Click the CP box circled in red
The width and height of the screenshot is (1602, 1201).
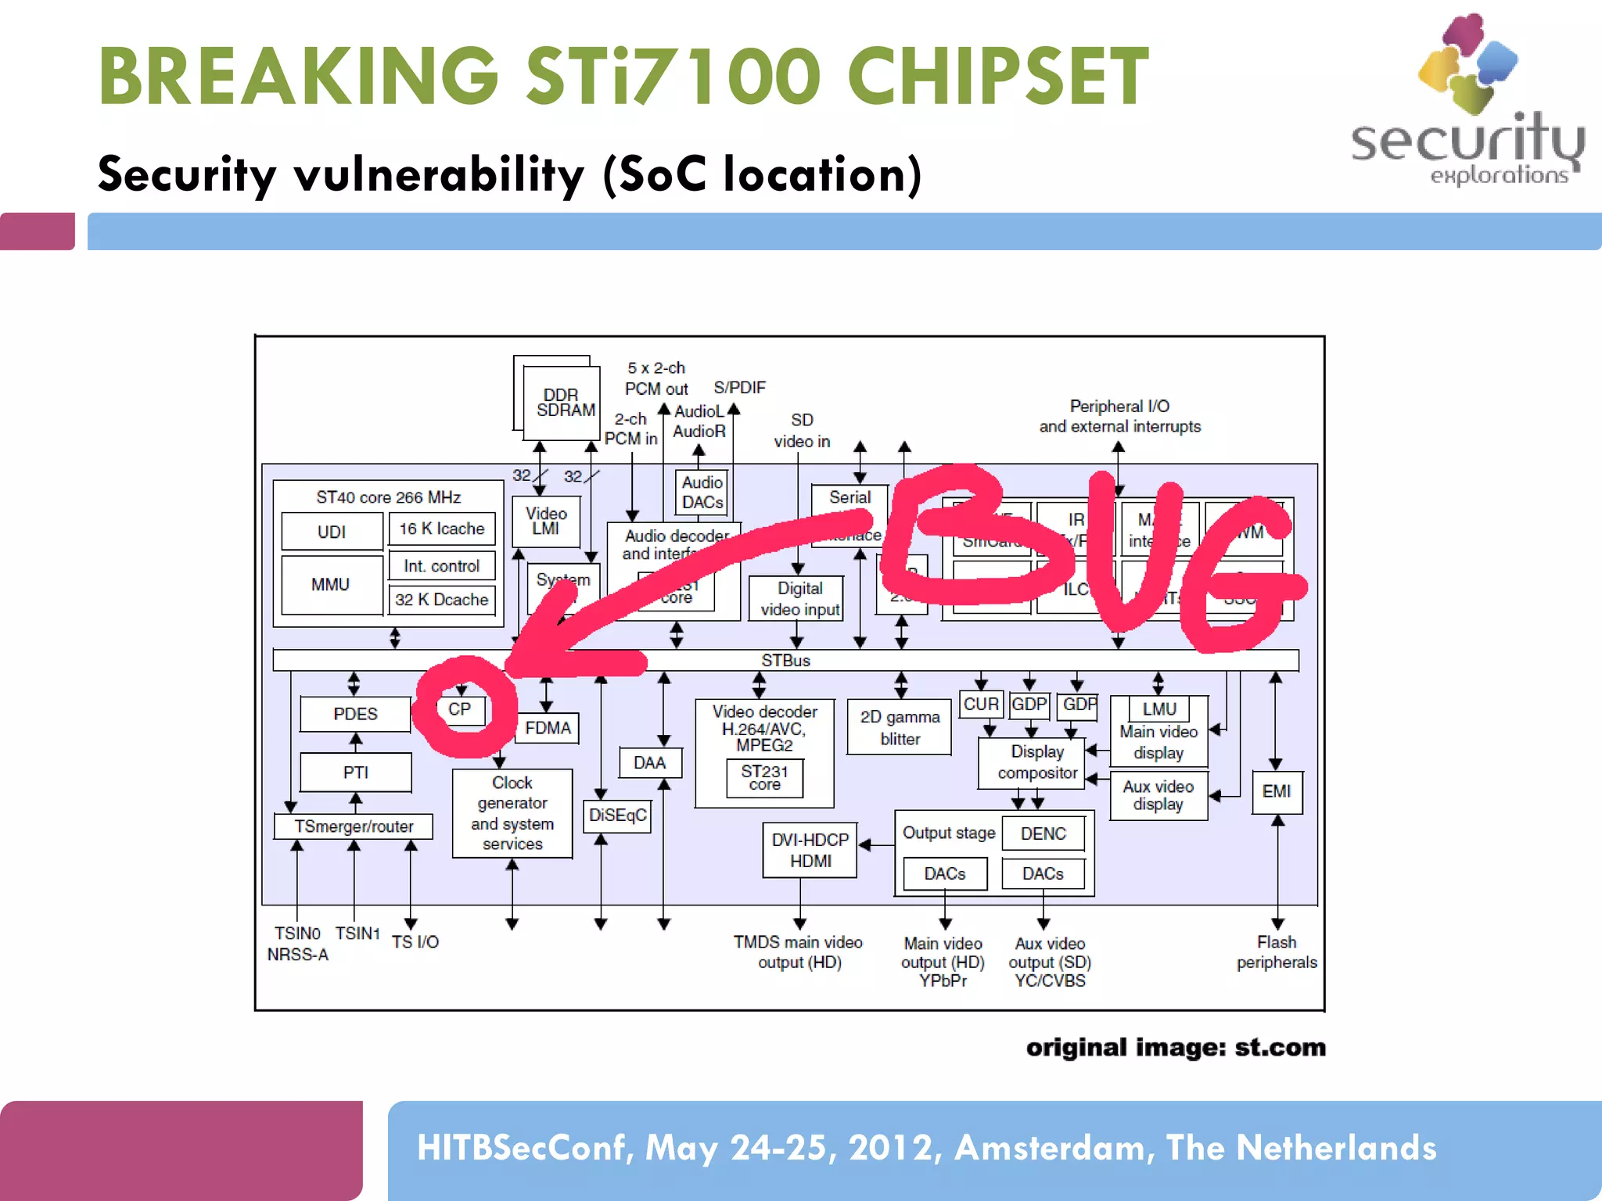(x=461, y=709)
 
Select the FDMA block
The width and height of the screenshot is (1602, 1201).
(x=548, y=728)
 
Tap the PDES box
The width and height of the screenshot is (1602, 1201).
(x=355, y=714)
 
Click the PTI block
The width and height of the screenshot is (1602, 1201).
(x=355, y=773)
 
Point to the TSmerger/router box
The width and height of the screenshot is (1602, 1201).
(x=354, y=826)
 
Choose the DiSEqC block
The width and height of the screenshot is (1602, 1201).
(x=617, y=816)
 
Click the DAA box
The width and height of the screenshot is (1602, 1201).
(x=649, y=762)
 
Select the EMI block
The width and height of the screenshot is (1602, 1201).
(x=1277, y=791)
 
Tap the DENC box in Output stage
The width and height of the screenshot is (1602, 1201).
(x=1043, y=834)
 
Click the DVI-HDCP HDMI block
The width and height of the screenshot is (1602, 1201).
(x=810, y=850)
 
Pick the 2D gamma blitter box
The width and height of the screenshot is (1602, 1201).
(x=900, y=728)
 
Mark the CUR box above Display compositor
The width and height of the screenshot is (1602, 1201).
(x=980, y=704)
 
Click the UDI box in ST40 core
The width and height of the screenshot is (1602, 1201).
(x=332, y=532)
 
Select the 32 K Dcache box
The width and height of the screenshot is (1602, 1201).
(x=442, y=600)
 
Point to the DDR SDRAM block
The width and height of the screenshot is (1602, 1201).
(x=562, y=402)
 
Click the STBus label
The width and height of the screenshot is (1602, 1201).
(x=785, y=661)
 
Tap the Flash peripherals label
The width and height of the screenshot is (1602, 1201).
(x=1277, y=952)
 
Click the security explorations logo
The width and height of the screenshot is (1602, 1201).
(x=1467, y=102)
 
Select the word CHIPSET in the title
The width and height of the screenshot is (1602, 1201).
(x=997, y=76)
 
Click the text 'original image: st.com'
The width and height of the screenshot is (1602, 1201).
(x=1176, y=1048)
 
